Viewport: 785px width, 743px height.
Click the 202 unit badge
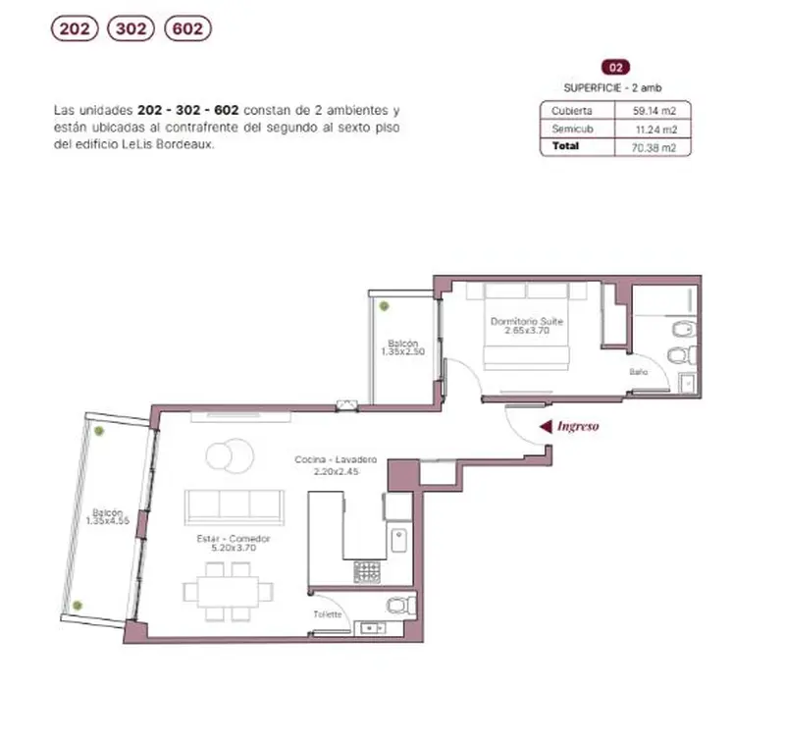click(75, 28)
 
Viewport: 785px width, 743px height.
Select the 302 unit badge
click(131, 28)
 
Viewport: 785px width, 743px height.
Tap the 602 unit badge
click(187, 28)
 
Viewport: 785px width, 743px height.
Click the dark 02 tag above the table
click(615, 67)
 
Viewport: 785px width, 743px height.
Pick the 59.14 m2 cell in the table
click(654, 111)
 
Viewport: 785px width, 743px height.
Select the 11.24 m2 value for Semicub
click(655, 130)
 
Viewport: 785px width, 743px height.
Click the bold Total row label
click(566, 145)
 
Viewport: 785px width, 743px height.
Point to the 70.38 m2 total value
click(654, 147)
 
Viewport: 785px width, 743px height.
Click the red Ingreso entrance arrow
click(546, 426)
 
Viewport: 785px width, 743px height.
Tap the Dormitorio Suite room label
click(527, 321)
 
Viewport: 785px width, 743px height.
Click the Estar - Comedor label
click(234, 538)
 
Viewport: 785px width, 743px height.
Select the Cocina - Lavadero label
click(336, 459)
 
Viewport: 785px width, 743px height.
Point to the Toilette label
click(328, 613)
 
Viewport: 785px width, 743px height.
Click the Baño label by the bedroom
click(639, 371)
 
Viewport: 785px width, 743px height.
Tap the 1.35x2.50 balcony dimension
click(403, 351)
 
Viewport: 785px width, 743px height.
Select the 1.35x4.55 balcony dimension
click(108, 521)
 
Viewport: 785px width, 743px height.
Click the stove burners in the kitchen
click(367, 572)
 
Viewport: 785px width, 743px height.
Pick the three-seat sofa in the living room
click(235, 507)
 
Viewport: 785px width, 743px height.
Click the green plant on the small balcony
click(384, 306)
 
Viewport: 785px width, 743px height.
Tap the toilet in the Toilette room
click(401, 606)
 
